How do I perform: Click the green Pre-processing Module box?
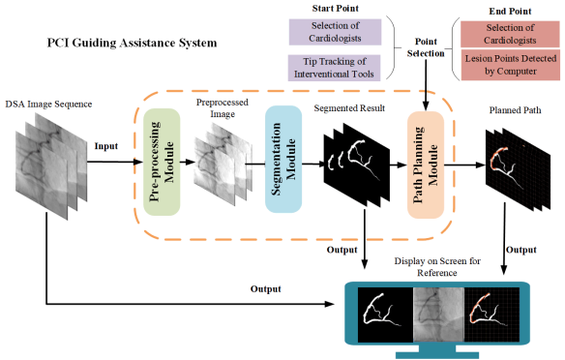[162, 163]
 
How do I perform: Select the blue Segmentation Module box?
[283, 159]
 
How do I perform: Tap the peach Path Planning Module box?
[426, 165]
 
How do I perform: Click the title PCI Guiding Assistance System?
[132, 43]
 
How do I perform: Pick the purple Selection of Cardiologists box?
[335, 32]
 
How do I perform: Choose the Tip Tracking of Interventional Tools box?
[334, 68]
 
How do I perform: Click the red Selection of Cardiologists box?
[510, 34]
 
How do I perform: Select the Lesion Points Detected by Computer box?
[511, 65]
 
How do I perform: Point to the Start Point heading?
[335, 9]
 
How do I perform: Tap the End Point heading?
[510, 12]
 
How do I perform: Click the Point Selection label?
[426, 47]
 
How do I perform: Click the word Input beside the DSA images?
[106, 146]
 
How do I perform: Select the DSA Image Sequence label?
[48, 105]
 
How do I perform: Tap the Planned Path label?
[515, 110]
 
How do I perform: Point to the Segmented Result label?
[349, 108]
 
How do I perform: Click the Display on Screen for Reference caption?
[437, 267]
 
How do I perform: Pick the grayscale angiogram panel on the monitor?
[438, 315]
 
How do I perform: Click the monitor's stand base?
[437, 355]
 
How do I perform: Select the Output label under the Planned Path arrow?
[521, 250]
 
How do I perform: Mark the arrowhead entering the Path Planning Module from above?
[426, 105]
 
